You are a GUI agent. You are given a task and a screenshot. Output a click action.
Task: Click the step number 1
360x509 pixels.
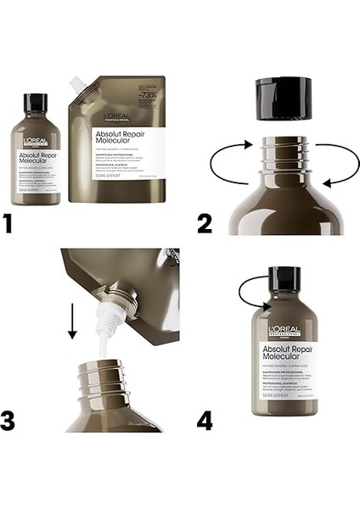point(8,224)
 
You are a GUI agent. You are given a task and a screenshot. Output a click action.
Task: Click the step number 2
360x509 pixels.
point(205,223)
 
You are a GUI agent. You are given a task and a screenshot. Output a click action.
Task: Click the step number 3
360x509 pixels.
point(9,468)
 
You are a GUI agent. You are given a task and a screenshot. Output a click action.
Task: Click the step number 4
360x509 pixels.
point(205,468)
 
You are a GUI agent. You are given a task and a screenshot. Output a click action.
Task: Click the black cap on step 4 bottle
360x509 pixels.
point(284,281)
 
